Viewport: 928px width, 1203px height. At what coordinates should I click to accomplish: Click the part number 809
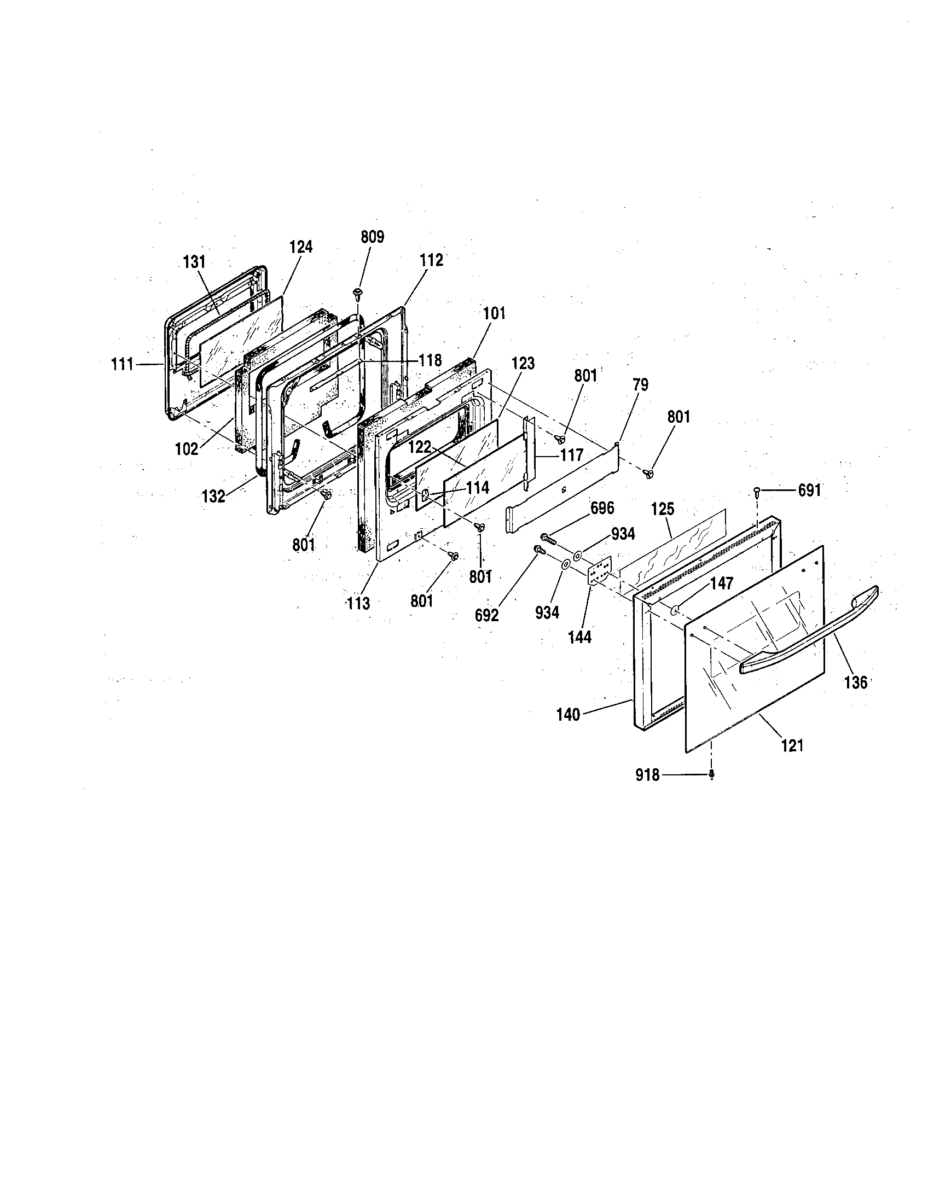[x=373, y=237]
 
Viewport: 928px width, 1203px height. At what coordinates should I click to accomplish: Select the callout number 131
[x=194, y=261]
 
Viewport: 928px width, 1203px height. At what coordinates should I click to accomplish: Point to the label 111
[x=123, y=364]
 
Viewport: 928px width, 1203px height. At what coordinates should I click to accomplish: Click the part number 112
[x=431, y=260]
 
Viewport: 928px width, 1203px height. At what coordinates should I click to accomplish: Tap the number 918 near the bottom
[x=647, y=775]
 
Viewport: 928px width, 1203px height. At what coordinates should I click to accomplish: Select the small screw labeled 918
[x=711, y=775]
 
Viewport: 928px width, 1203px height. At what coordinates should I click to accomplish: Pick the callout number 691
[x=810, y=490]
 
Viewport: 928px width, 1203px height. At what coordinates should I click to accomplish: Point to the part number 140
[x=568, y=715]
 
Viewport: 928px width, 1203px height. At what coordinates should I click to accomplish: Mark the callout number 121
[x=792, y=746]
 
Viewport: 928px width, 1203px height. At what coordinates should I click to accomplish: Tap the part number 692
[x=486, y=615]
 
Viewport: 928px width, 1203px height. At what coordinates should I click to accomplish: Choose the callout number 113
[x=358, y=604]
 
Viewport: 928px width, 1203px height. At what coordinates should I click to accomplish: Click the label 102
[x=186, y=448]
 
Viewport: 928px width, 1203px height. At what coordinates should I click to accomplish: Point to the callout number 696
[x=602, y=508]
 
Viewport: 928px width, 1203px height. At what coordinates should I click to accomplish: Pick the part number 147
[x=721, y=583]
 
